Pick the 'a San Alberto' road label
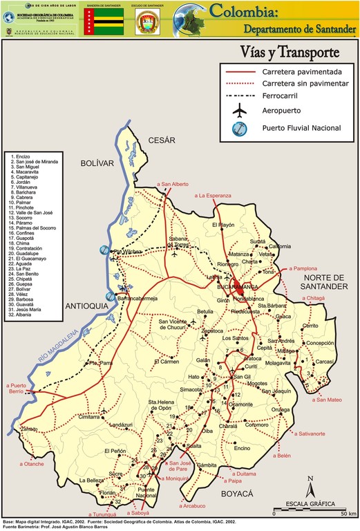(x=173, y=184)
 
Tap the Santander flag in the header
(x=104, y=21)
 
